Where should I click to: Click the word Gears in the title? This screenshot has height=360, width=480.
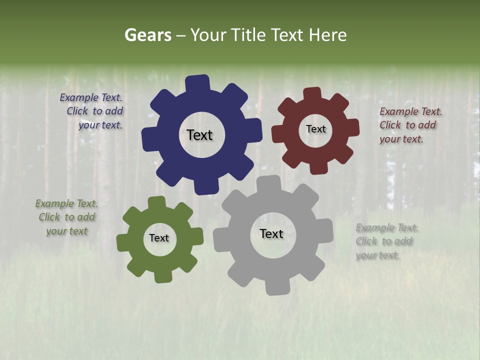pos(147,35)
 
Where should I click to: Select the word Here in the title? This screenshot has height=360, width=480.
pos(327,35)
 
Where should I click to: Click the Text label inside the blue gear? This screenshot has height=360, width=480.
pos(199,135)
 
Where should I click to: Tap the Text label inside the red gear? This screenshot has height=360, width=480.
pos(315,129)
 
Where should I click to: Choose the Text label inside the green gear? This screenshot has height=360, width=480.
pos(159,238)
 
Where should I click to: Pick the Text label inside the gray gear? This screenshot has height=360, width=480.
pos(271,234)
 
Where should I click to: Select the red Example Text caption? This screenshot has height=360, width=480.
pos(410,125)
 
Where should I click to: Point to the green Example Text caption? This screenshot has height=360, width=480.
pos(66,217)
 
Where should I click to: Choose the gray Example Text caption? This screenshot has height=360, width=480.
pos(386,241)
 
